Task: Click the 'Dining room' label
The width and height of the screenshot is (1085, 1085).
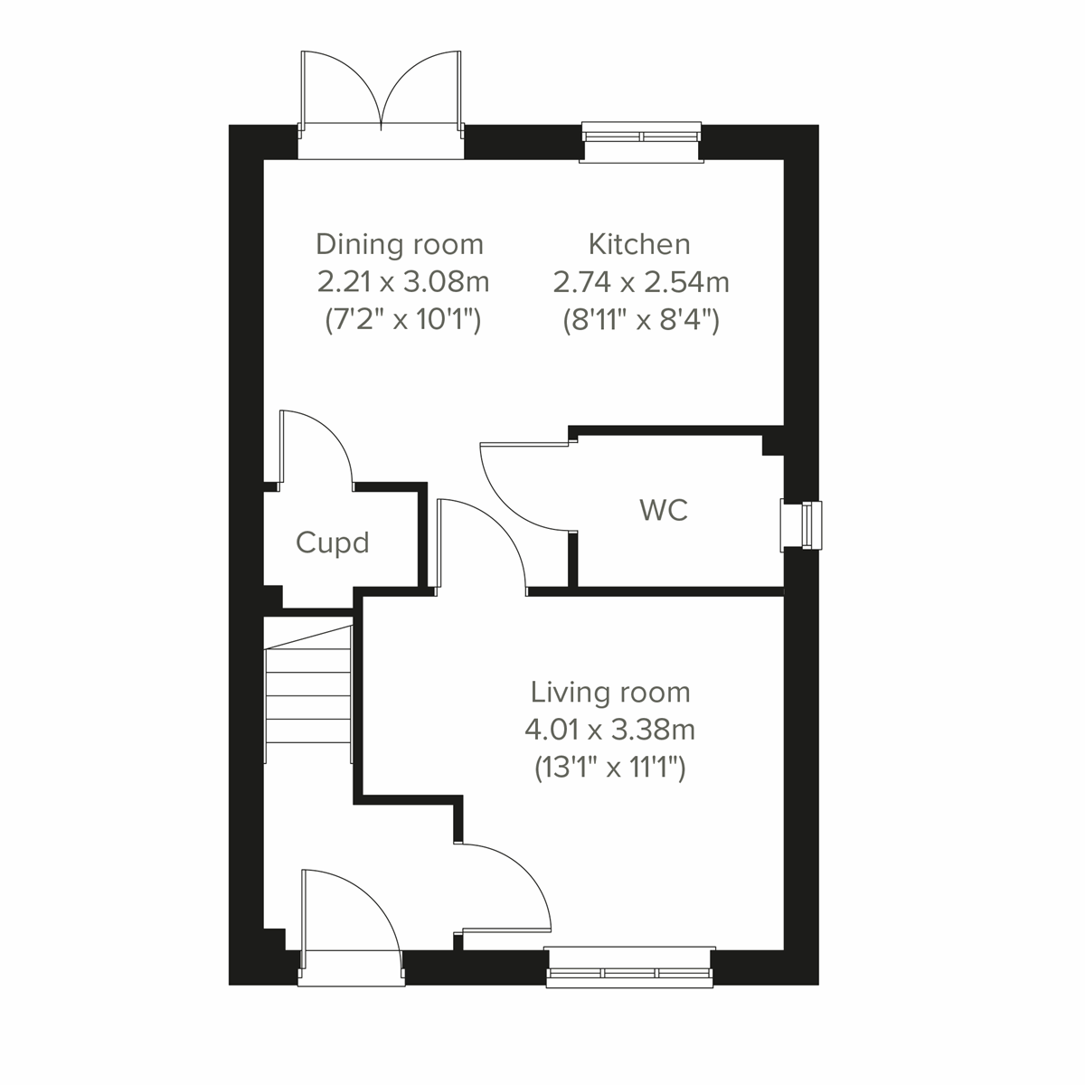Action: [400, 244]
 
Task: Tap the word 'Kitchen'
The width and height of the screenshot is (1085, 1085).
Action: [639, 244]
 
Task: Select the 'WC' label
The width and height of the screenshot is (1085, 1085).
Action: [664, 510]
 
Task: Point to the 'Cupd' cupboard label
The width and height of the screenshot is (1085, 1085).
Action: [333, 543]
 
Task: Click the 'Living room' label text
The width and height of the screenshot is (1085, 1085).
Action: [610, 693]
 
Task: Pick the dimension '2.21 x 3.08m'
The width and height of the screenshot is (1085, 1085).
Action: [403, 282]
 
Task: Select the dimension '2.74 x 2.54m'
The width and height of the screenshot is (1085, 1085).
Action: [641, 282]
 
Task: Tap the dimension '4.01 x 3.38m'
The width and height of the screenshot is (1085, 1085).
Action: [609, 729]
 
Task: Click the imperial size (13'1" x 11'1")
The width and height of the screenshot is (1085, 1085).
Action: [609, 768]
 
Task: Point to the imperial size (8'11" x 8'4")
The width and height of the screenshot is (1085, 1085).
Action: [641, 320]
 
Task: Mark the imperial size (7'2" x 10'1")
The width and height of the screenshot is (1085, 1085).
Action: [402, 320]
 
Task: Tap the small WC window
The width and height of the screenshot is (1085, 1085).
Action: [803, 524]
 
